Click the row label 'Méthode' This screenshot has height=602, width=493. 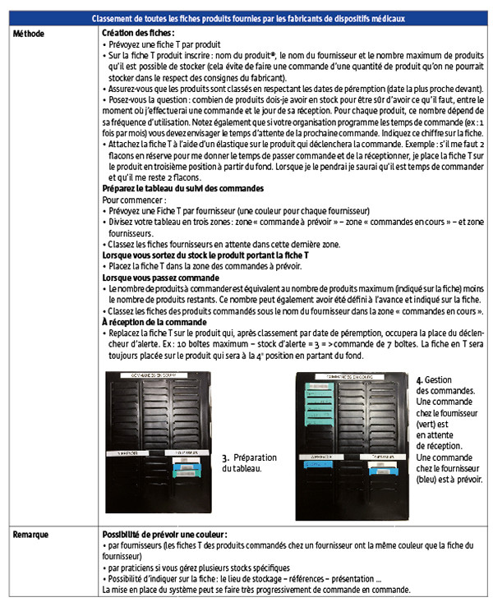pyautogui.click(x=29, y=32)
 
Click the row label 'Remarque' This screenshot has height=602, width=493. pyautogui.click(x=32, y=534)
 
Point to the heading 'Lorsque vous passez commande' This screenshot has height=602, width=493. pyautogui.click(x=155, y=278)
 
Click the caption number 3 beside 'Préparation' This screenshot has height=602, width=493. pyautogui.click(x=225, y=457)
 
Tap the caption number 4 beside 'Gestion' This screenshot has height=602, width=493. pyautogui.click(x=419, y=380)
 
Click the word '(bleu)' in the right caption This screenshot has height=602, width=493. pyautogui.click(x=428, y=479)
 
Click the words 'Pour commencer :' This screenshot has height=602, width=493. pyautogui.click(x=130, y=200)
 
